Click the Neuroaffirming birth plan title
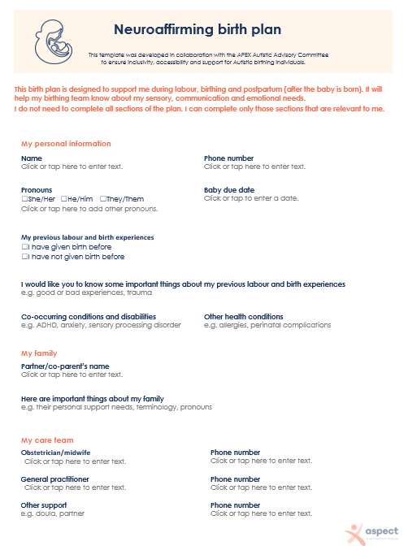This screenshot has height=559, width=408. [197, 30]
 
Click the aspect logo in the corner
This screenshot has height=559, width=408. [371, 534]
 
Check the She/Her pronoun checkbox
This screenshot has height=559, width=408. [24, 199]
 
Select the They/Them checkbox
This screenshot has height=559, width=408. [103, 199]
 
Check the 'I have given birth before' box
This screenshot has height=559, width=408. [24, 247]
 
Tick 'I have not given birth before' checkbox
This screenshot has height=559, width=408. [24, 257]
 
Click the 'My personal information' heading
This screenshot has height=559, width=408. [66, 144]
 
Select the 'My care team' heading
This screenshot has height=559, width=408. [47, 440]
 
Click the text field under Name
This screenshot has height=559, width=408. [72, 167]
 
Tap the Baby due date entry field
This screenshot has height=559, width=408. [251, 198]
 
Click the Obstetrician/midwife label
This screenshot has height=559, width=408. [55, 453]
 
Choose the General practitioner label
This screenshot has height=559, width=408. [54, 479]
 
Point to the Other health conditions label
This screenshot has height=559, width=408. [243, 316]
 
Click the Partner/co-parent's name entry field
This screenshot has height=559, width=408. [72, 375]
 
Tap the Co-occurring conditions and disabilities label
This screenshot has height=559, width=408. [89, 316]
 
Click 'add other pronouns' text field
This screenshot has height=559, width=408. [89, 209]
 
